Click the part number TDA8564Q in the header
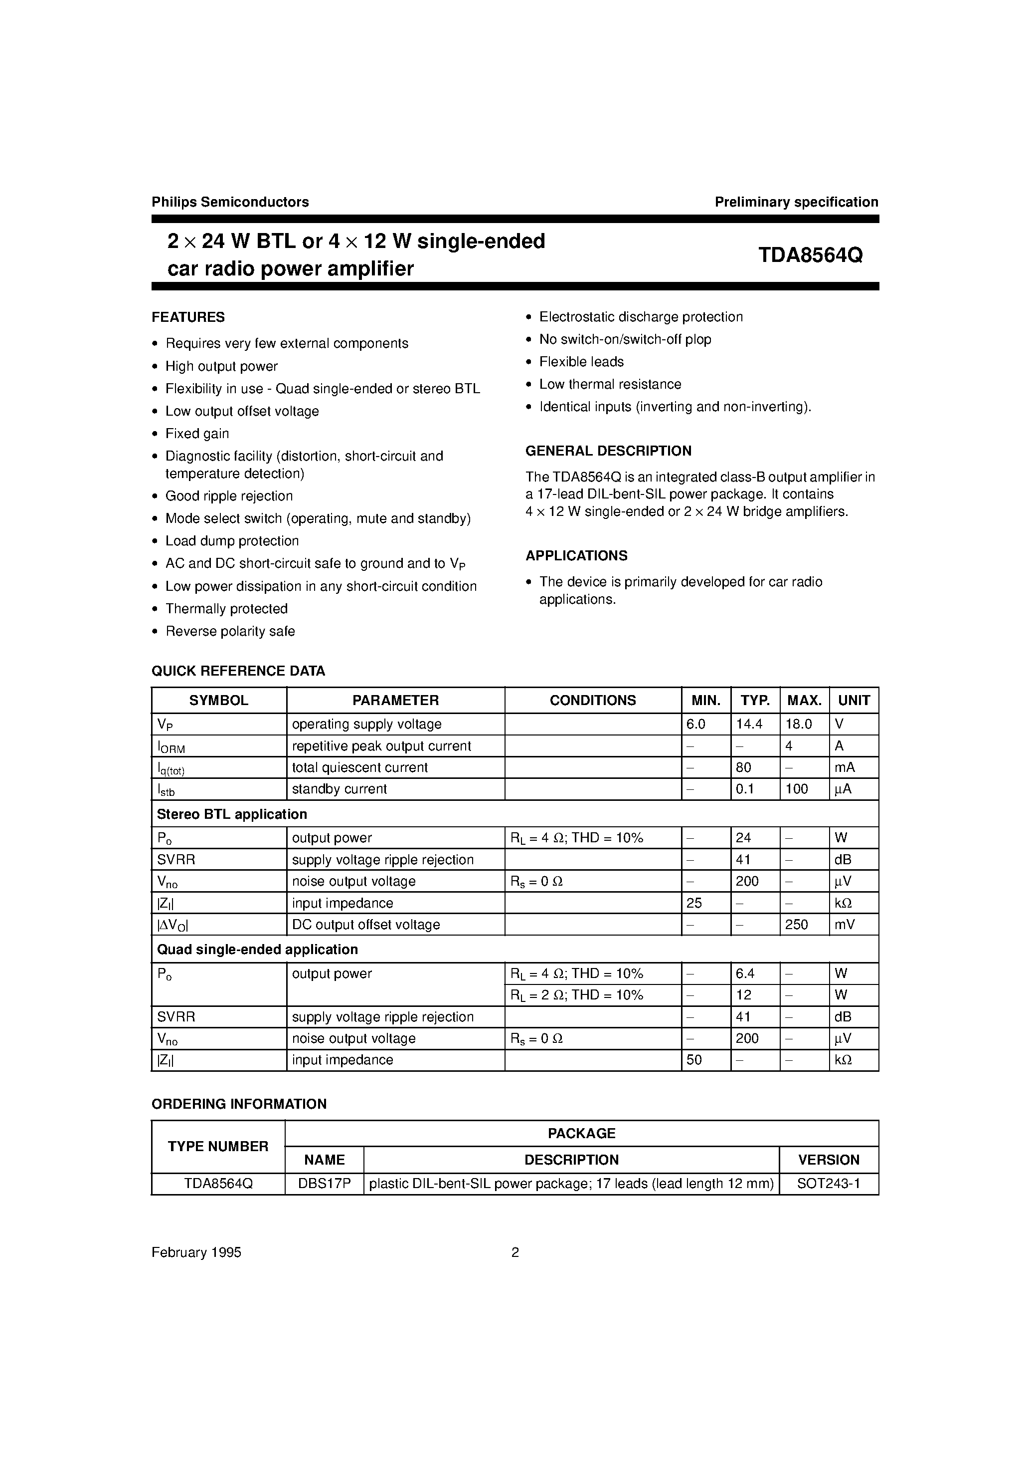tap(810, 255)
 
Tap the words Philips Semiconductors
tap(230, 202)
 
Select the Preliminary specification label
tap(796, 202)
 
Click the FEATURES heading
tap(188, 317)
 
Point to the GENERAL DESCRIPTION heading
tap(608, 451)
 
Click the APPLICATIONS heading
tap(576, 555)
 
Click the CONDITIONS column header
tap(592, 700)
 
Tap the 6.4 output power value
tap(745, 973)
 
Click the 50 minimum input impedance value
tap(694, 1060)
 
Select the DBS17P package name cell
tap(324, 1184)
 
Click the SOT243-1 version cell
tap(828, 1184)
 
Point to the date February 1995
tap(196, 1252)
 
